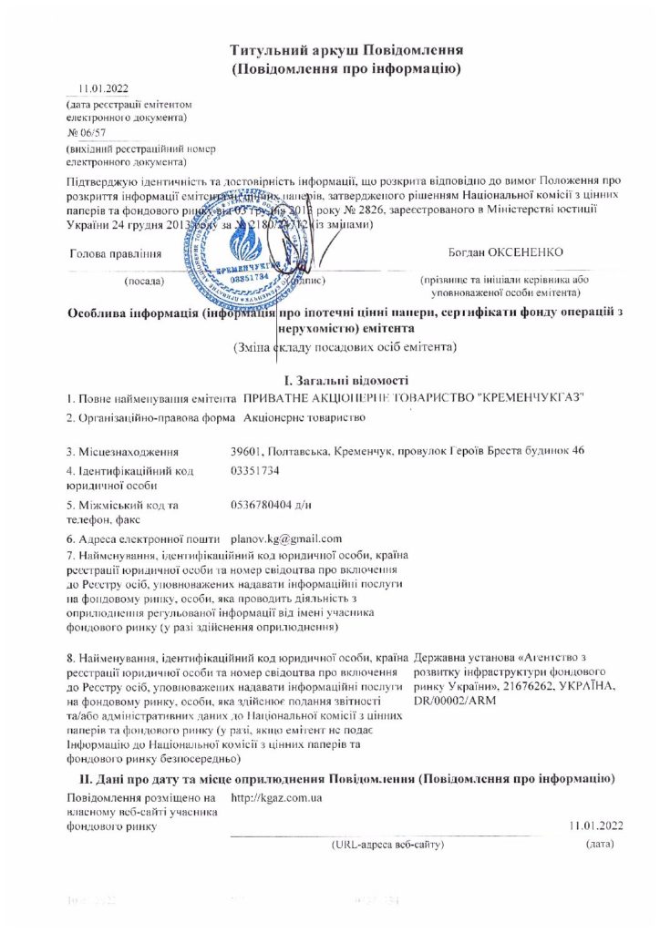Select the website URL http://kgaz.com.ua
[276, 798]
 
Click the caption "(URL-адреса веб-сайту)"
[388, 846]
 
